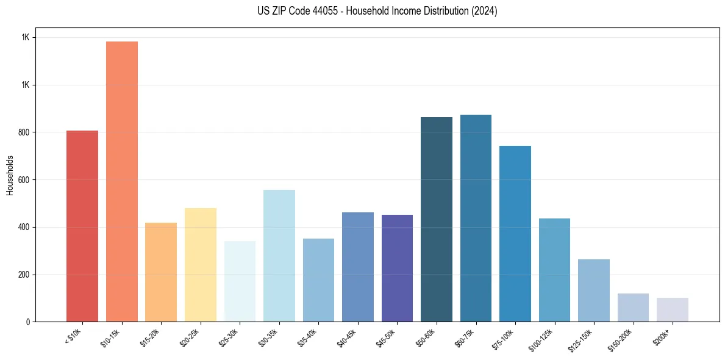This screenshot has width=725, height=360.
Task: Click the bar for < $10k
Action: pos(82,226)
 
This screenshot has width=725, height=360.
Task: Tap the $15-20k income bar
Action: pos(161,272)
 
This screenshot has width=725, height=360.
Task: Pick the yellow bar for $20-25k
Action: pos(200,265)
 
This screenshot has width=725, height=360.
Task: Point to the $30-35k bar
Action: pos(279,256)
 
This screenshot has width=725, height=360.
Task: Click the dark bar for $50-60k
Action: pos(436,219)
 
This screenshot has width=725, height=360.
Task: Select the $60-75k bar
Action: pos(476,218)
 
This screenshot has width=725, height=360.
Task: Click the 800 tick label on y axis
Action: pos(25,132)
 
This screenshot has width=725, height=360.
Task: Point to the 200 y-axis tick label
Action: pos(25,275)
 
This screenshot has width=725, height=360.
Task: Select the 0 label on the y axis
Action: pos(28,322)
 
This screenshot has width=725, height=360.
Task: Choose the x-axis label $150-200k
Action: pos(620,339)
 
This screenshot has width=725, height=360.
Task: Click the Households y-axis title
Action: pos(10,175)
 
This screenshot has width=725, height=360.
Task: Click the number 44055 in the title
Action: pos(313,11)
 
